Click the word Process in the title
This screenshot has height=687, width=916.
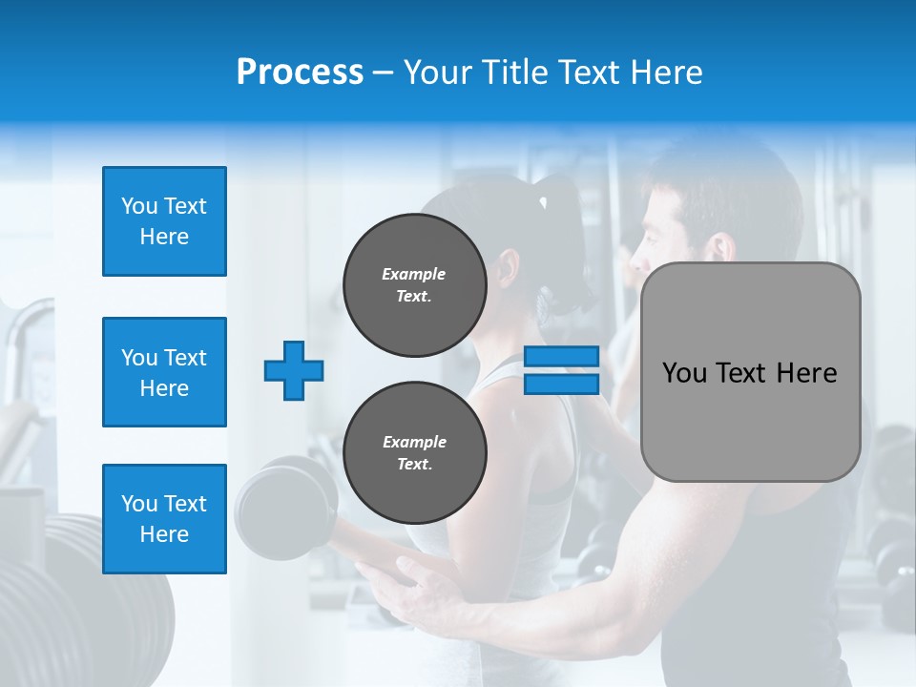[300, 73]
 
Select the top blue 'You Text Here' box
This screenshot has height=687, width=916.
[164, 221]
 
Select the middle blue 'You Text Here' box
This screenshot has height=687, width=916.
[164, 372]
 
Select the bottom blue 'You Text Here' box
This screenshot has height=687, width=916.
[164, 518]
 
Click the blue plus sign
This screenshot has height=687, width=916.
[294, 370]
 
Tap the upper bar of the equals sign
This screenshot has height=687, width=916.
[561, 357]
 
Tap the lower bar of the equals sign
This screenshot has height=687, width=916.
[561, 384]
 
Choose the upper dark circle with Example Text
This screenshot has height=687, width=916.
[414, 285]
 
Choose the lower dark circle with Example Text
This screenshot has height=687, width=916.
[414, 452]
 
